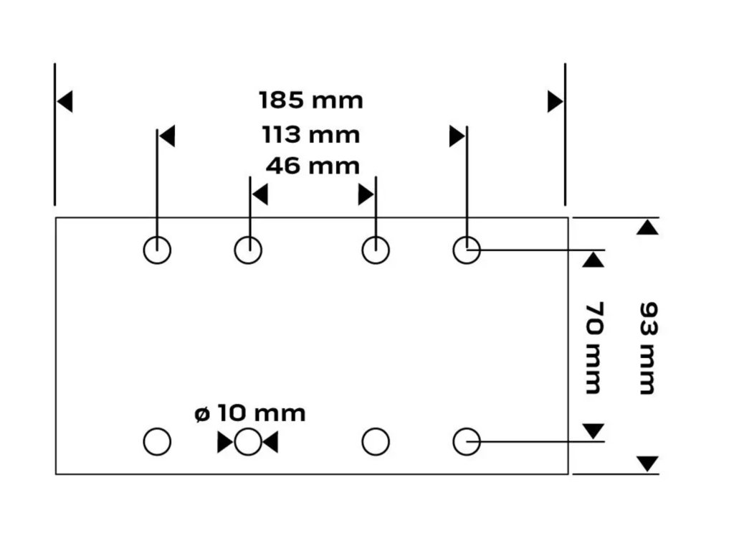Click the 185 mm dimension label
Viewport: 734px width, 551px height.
(x=311, y=100)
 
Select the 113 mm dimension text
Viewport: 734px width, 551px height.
(x=311, y=134)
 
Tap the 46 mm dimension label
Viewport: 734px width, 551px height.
(x=313, y=166)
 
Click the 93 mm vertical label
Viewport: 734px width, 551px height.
(x=647, y=347)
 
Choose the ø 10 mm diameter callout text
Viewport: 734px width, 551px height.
(x=250, y=413)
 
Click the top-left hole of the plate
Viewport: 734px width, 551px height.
(x=157, y=250)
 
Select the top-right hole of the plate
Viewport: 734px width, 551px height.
(x=467, y=250)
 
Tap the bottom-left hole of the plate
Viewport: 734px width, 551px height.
(x=157, y=441)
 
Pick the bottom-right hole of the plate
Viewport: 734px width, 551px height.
(x=467, y=441)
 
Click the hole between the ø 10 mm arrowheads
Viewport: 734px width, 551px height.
(x=248, y=442)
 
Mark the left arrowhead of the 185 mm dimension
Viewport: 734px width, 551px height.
(x=65, y=102)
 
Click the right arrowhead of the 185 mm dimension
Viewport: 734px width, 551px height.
(x=556, y=102)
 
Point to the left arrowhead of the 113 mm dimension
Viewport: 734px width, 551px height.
(x=167, y=136)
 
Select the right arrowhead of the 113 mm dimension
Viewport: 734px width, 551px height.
(x=457, y=136)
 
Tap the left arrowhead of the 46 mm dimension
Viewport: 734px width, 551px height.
(x=259, y=194)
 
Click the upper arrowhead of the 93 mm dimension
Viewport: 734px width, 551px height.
(x=647, y=227)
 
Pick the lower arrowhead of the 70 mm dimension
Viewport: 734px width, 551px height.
(x=594, y=430)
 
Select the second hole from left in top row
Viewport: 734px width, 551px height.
(x=248, y=250)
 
